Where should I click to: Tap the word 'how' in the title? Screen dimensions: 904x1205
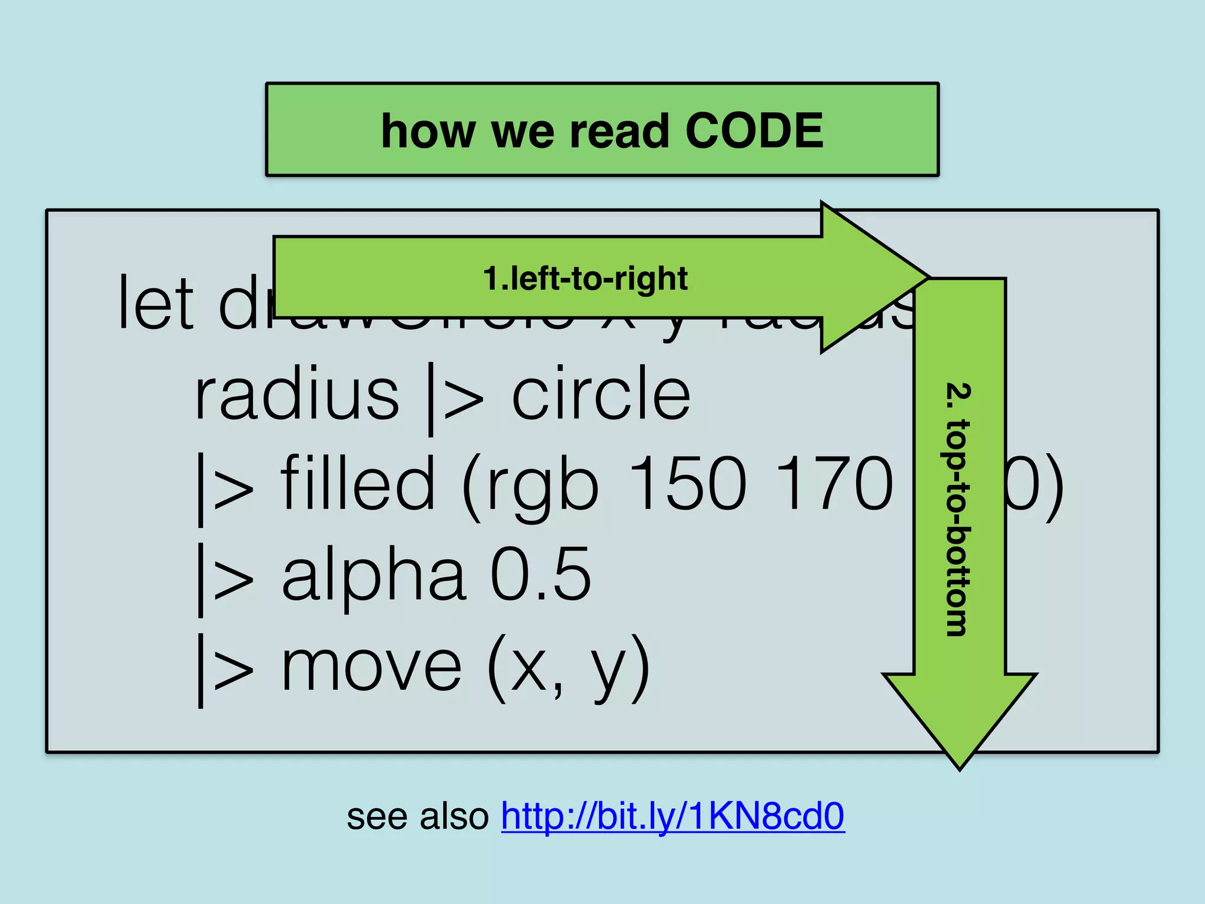click(428, 131)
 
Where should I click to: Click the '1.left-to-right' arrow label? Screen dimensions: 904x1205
click(585, 278)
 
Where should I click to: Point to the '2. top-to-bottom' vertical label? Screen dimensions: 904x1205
click(957, 510)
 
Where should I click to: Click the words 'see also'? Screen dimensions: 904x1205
click(418, 817)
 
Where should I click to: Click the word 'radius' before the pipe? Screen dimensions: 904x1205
click(297, 394)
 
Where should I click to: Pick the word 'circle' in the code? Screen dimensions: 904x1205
click(601, 394)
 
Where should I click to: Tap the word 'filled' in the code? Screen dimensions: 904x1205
click(358, 484)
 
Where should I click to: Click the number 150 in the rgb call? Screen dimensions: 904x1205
click(688, 484)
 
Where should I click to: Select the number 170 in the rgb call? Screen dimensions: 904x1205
click(835, 484)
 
